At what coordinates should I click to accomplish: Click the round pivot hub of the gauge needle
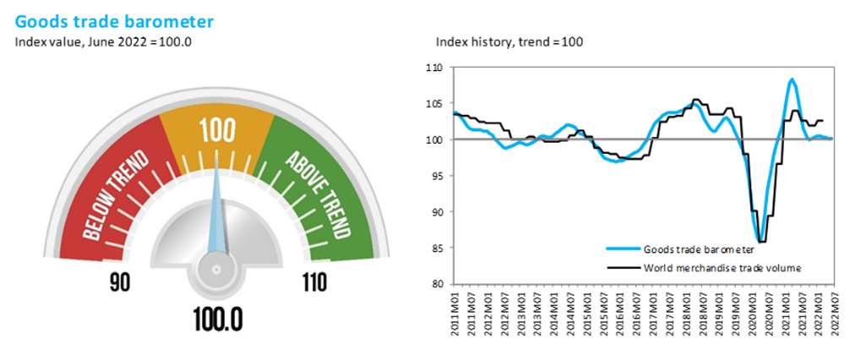pos(216,270)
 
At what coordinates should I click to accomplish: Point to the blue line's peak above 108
pos(792,79)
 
